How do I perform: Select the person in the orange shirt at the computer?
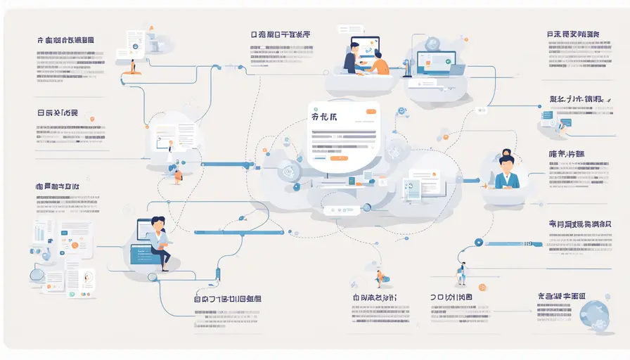pyautogui.click(x=378, y=61)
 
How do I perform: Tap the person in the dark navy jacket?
pyautogui.click(x=351, y=57)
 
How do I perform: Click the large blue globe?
pyautogui.click(x=597, y=317)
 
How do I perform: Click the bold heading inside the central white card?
pyautogui.click(x=323, y=118)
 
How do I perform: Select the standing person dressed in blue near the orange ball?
pyautogui.click(x=462, y=274)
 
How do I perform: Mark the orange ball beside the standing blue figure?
pyautogui.click(x=482, y=288)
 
